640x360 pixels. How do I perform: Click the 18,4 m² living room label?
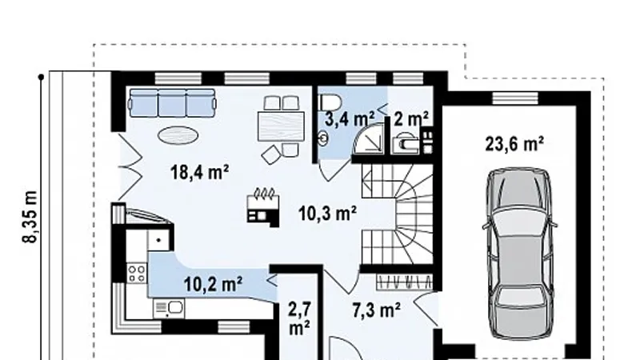click(199, 172)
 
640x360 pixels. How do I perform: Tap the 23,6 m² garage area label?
click(514, 144)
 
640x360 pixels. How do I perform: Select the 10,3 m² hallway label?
click(327, 213)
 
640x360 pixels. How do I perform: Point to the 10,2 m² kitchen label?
click(213, 284)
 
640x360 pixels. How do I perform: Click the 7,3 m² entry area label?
click(376, 310)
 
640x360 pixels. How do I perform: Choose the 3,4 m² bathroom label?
click(350, 118)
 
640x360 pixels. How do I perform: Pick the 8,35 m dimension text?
click(30, 217)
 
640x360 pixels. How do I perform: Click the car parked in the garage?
click(519, 253)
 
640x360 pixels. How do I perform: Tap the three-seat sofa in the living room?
click(172, 103)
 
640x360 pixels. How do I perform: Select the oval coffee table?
click(178, 134)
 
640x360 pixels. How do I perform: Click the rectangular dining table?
click(282, 126)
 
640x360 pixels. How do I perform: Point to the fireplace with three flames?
click(264, 207)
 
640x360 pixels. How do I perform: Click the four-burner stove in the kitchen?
click(137, 273)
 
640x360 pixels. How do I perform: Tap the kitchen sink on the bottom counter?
click(169, 308)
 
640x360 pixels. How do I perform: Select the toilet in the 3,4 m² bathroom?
click(330, 102)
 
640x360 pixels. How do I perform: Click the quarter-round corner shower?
click(369, 138)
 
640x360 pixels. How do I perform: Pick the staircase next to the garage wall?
click(397, 214)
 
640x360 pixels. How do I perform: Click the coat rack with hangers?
click(404, 282)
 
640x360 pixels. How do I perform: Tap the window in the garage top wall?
click(515, 98)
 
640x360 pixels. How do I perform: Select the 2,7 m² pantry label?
click(299, 318)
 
